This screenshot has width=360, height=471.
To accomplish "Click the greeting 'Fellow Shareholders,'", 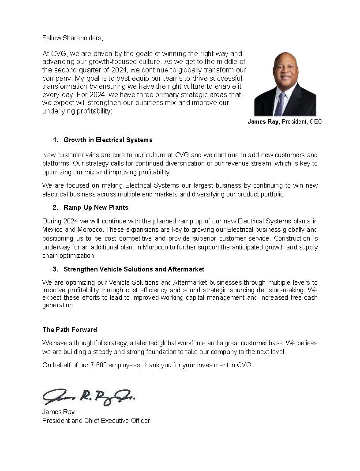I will [72, 38].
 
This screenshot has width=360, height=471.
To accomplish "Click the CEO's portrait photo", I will [285, 84].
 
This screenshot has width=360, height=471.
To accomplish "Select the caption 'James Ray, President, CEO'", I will [285, 121].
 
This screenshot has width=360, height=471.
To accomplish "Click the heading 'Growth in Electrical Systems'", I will [108, 140].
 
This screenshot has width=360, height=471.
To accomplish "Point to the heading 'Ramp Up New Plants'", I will [96, 207].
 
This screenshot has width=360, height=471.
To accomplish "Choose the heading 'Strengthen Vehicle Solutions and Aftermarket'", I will [134, 269].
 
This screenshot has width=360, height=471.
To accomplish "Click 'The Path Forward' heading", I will [70, 330].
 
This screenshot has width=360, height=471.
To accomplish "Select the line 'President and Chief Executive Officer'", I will [96, 421].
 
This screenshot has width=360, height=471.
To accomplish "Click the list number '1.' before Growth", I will [56, 140].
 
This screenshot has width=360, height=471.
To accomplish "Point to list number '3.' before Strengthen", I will [56, 269].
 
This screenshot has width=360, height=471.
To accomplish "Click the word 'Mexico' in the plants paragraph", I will [52, 230].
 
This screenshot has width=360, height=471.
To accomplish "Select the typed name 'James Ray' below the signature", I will [58, 412].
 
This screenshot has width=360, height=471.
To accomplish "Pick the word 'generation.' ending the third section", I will [58, 306].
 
